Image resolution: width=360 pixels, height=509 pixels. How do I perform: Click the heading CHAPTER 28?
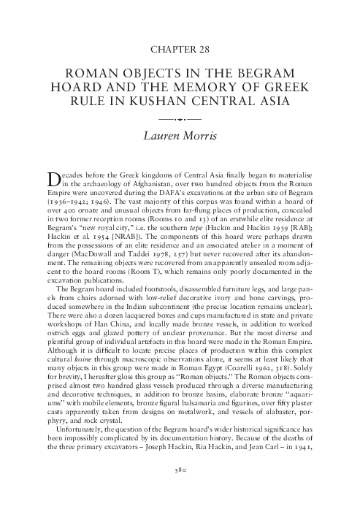tap(180, 50)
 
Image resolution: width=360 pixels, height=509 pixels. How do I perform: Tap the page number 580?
tap(180, 470)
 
